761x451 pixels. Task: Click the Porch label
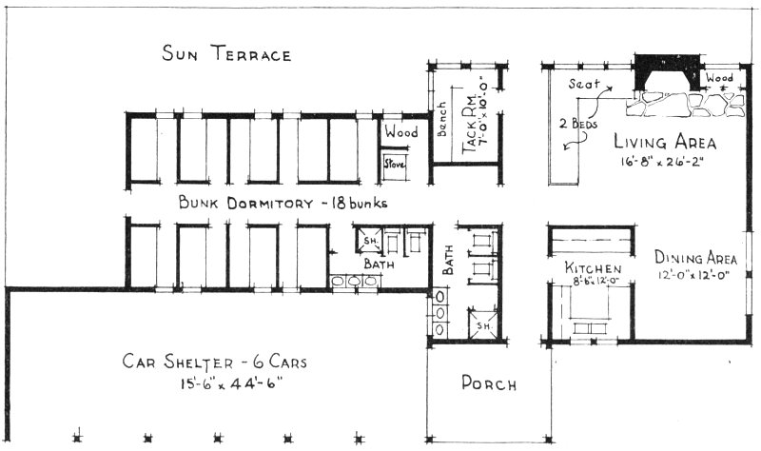click(488, 384)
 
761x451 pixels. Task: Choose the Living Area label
click(664, 143)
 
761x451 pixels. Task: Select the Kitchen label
click(594, 268)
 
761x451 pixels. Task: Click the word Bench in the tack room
click(441, 118)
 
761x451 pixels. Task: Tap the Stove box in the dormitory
click(394, 164)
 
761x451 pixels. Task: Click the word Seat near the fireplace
click(583, 84)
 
